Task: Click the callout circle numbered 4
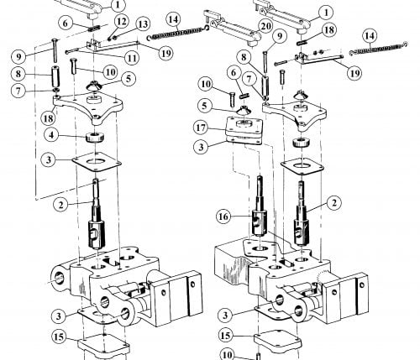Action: coord(52,135)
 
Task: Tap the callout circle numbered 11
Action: coord(132,58)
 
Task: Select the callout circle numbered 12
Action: coord(121,22)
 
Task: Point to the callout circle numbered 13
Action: coord(143,24)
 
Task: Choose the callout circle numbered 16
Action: coord(223,217)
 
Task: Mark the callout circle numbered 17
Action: coord(201,128)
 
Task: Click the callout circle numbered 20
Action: coord(265,26)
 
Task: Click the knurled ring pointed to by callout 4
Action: coord(95,138)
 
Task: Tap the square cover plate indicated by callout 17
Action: coord(244,128)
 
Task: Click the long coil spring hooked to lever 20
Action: coord(178,33)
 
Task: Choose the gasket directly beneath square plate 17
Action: coord(244,140)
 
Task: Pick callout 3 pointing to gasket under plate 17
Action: coord(201,147)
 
